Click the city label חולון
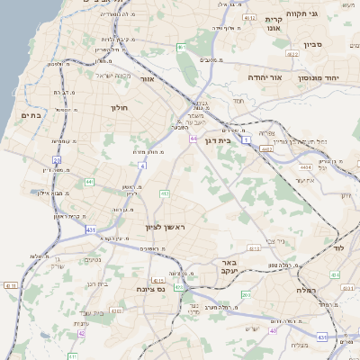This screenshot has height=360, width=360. pos(120,108)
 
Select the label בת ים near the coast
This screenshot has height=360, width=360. pos(31,115)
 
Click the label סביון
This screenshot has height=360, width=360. pos(313,42)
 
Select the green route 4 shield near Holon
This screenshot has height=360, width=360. pos(143,166)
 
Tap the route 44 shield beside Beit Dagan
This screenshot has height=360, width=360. pos(193,139)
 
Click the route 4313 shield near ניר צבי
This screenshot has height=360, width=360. pos(254,247)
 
